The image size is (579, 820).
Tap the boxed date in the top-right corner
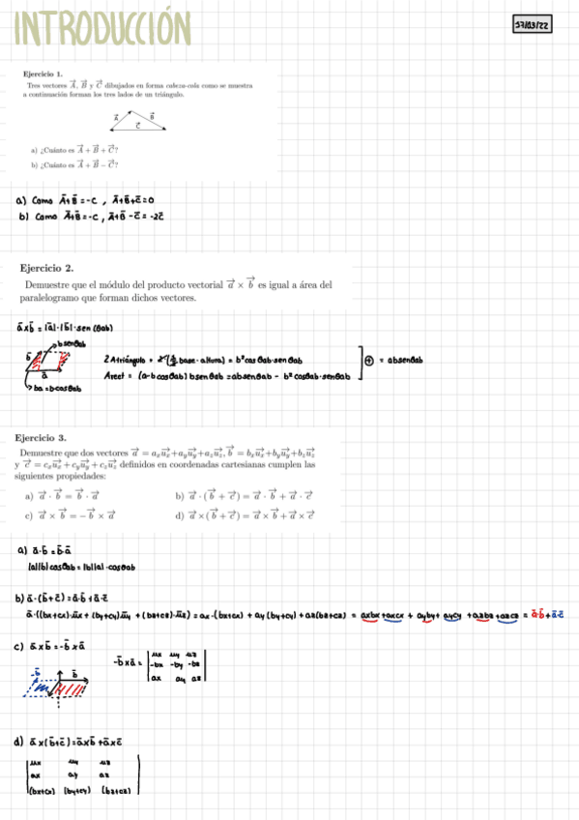tap(531, 26)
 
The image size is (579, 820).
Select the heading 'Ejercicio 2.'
tap(47, 268)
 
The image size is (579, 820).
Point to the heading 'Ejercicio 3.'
tap(47, 437)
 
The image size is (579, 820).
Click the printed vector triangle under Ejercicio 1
tap(137, 121)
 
